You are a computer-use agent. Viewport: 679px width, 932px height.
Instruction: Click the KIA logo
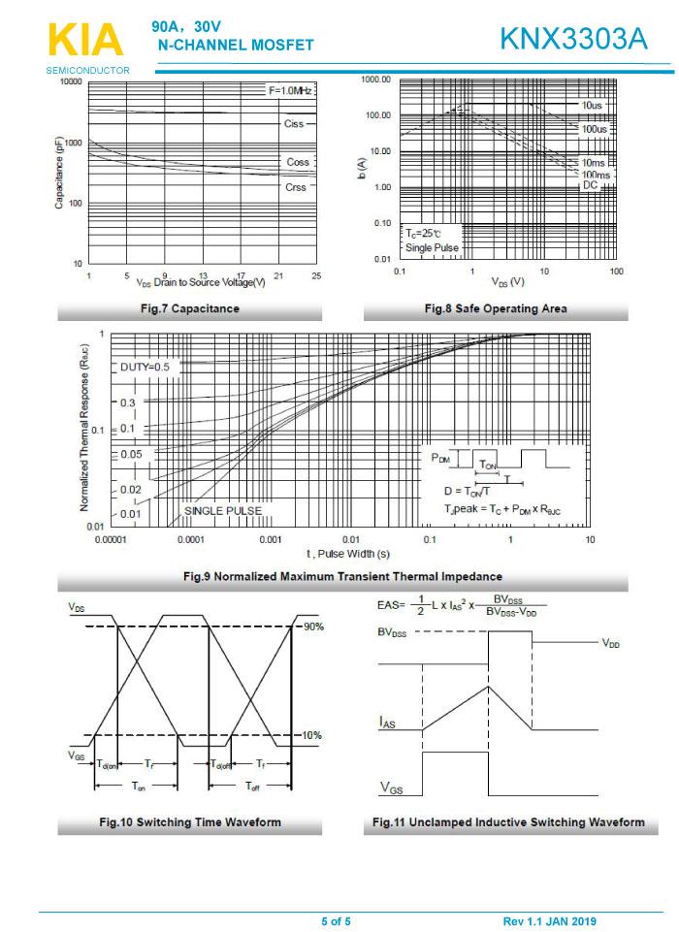pyautogui.click(x=86, y=42)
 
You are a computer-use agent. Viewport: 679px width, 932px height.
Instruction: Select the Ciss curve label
pyautogui.click(x=294, y=124)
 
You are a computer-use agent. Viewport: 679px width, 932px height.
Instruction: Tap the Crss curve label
pyautogui.click(x=296, y=186)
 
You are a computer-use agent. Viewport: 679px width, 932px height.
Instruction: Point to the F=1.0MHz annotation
pyautogui.click(x=290, y=90)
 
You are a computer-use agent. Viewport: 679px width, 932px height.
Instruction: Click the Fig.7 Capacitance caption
pyautogui.click(x=190, y=308)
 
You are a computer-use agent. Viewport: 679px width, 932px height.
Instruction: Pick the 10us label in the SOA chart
pyautogui.click(x=592, y=104)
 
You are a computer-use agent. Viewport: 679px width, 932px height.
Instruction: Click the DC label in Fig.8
pyautogui.click(x=590, y=184)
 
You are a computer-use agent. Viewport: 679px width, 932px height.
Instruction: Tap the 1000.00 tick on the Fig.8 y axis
pyautogui.click(x=374, y=80)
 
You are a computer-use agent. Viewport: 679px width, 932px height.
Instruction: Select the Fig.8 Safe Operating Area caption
pyautogui.click(x=496, y=308)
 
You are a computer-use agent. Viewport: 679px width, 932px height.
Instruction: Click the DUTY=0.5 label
pyautogui.click(x=145, y=367)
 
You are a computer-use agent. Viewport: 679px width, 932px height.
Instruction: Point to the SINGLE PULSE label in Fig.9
pyautogui.click(x=222, y=510)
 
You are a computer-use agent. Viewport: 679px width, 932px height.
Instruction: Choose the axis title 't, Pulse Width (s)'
pyautogui.click(x=349, y=554)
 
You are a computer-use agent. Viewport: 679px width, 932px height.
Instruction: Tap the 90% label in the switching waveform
pyautogui.click(x=311, y=627)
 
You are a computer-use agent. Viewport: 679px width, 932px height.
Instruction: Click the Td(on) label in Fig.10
pyautogui.click(x=107, y=763)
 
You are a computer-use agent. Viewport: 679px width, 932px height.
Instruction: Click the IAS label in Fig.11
pyautogui.click(x=386, y=723)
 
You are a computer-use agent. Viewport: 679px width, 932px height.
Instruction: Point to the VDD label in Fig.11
pyautogui.click(x=610, y=642)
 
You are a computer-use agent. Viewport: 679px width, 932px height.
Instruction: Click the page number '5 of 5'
pyautogui.click(x=337, y=920)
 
